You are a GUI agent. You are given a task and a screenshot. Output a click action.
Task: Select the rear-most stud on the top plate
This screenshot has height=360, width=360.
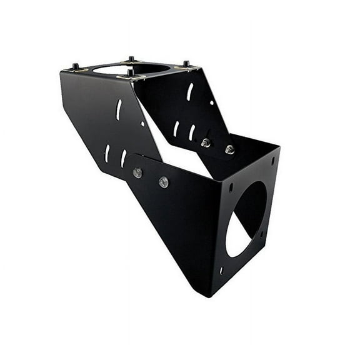point(131,59)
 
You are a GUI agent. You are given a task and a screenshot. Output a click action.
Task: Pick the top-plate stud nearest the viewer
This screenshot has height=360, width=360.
point(130,74)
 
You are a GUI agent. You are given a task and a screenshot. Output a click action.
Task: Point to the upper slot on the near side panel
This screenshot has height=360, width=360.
point(119,110)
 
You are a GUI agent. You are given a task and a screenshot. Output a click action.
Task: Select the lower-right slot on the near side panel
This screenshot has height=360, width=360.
point(123,157)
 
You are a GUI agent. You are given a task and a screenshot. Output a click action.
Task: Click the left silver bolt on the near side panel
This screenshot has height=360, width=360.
point(137,173)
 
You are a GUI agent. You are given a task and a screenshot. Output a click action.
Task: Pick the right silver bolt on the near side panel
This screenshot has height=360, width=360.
point(163,182)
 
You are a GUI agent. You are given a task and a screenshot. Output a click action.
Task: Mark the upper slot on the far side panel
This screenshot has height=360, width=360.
point(190,92)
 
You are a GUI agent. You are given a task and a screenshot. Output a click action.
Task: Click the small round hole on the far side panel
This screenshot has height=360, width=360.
point(212,103)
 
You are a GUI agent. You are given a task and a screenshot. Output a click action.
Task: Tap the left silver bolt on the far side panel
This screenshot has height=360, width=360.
point(206,143)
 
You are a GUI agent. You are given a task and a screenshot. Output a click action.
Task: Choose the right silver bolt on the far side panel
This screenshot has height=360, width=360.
point(229,149)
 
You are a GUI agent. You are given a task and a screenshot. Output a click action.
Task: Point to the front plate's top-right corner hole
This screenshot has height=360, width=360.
point(272,161)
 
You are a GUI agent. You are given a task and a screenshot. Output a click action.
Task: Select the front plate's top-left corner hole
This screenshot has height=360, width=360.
point(231,186)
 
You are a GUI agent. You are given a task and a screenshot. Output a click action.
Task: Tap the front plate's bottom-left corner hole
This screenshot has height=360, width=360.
point(221,270)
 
